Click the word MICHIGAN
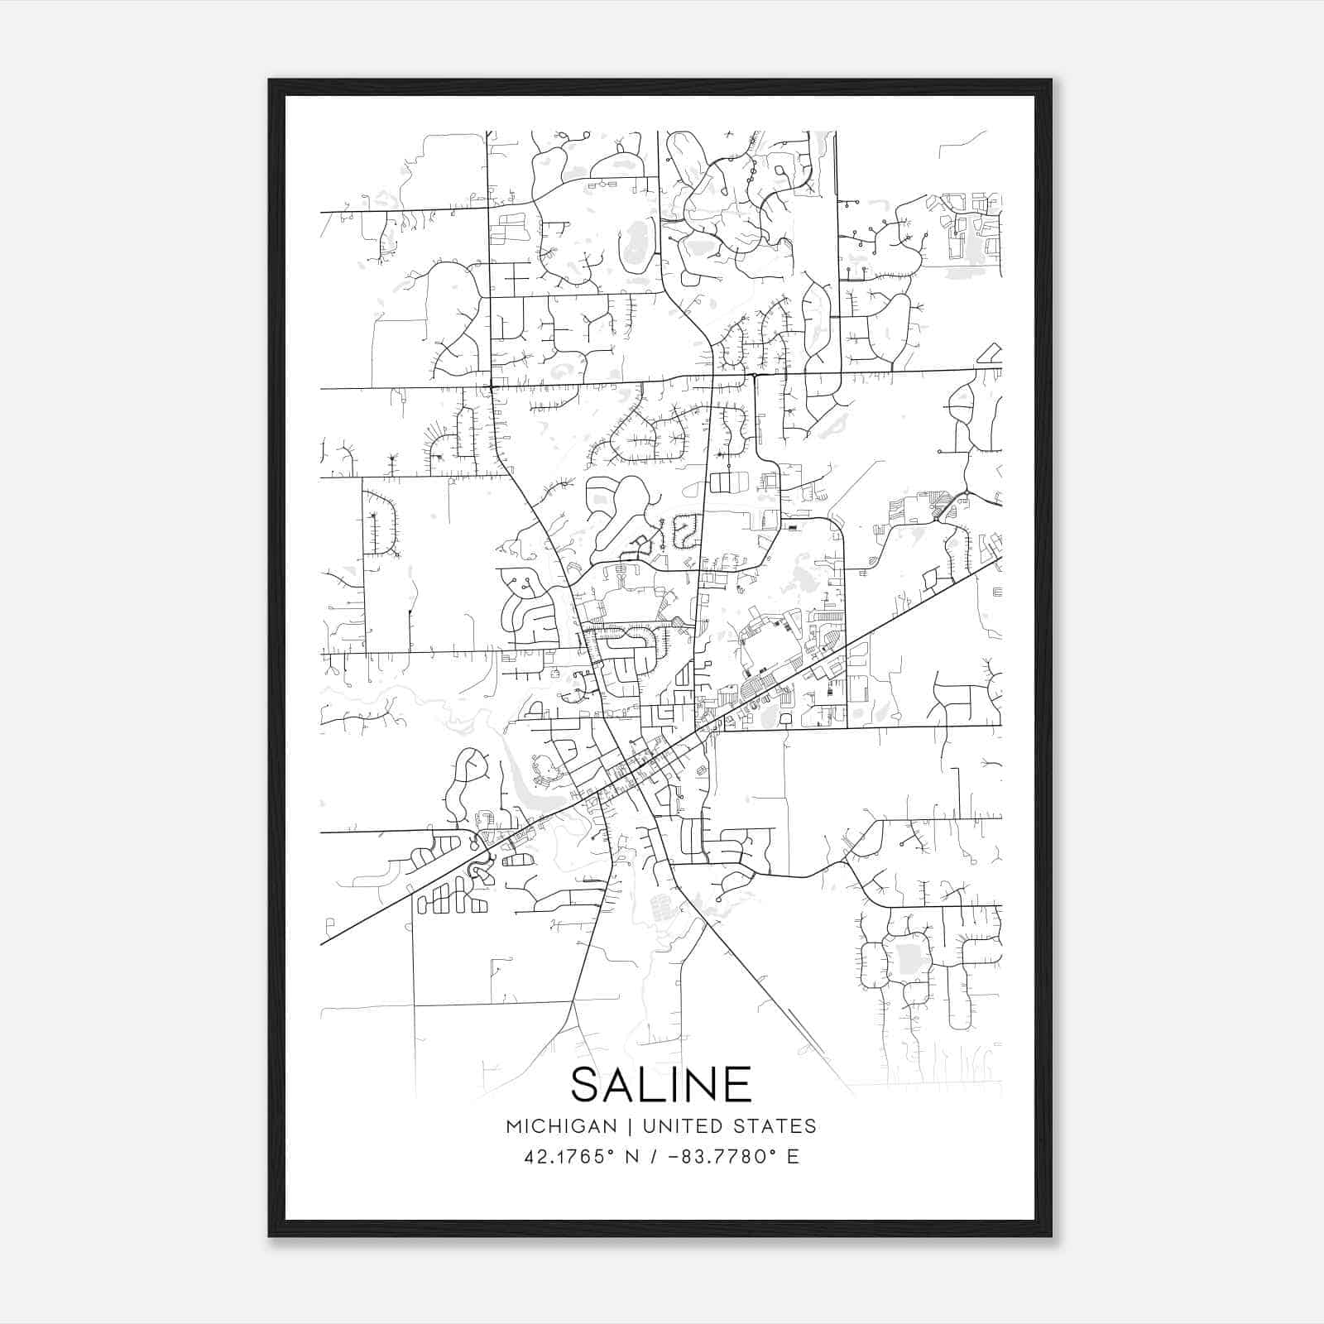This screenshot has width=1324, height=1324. click(x=562, y=1126)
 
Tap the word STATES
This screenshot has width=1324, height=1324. click(x=777, y=1126)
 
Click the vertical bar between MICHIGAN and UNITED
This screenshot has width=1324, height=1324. click(x=630, y=1126)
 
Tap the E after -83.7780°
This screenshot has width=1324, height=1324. click(x=793, y=1157)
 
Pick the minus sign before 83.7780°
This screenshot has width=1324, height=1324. click(x=669, y=1157)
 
